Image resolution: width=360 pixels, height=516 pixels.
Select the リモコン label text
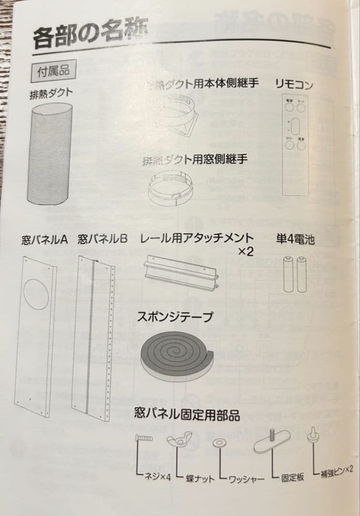[x=294, y=85]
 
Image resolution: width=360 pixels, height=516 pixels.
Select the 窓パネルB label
[x=103, y=238]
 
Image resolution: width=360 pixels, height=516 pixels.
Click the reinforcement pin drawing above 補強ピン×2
[x=314, y=437]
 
